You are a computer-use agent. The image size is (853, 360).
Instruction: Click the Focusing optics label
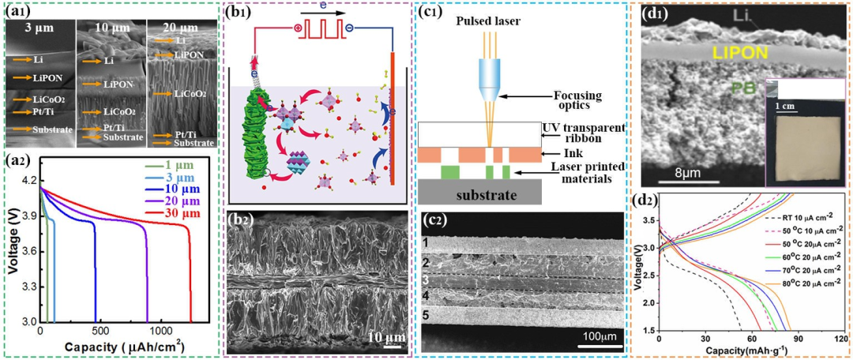click(x=576, y=101)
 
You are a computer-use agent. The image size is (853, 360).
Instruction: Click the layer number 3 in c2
click(x=425, y=279)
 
